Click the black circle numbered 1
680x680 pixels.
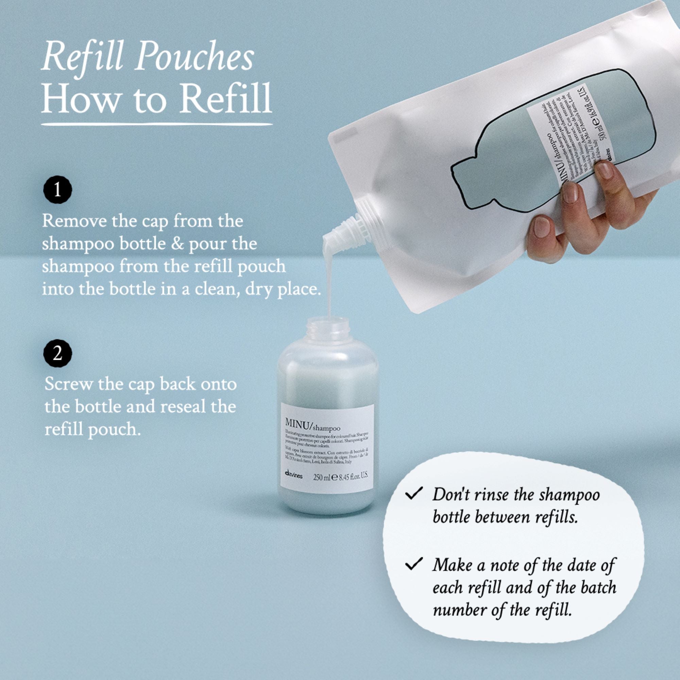57,191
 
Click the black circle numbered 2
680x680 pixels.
57,353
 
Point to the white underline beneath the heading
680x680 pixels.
157,124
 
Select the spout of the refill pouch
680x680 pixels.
347,228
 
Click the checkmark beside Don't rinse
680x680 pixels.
413,494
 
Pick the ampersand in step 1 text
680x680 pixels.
178,244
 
